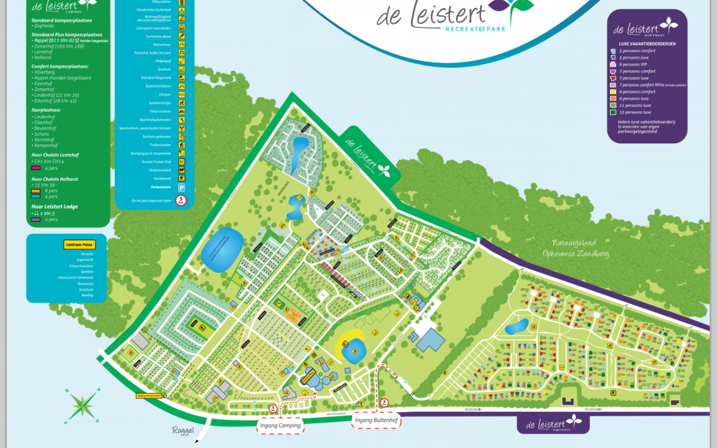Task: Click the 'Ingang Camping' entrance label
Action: click(280, 425)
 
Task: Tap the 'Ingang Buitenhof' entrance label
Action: click(376, 421)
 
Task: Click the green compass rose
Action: click(83, 404)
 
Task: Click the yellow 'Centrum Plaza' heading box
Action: click(80, 244)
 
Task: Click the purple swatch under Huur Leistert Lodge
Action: click(36, 219)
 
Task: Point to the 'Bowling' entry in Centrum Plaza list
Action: click(87, 295)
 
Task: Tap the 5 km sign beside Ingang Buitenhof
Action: click(385, 402)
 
